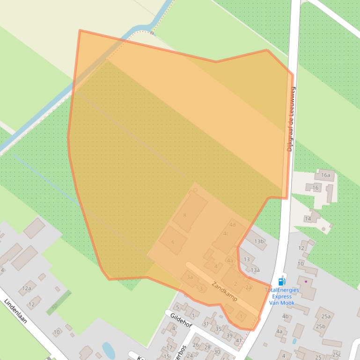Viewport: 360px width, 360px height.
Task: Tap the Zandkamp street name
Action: point(224,291)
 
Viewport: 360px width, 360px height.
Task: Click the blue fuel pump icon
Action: point(282,281)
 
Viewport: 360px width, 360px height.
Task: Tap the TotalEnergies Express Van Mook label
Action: point(282,296)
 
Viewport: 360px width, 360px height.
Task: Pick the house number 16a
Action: point(325,175)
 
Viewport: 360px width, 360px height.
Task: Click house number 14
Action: point(308,219)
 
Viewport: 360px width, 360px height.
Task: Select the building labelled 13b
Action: point(259,241)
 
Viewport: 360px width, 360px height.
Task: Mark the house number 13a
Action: point(255,270)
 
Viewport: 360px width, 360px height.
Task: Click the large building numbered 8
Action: point(185,215)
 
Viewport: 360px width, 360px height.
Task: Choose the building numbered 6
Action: point(173,242)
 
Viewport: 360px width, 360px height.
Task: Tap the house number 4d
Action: point(232,225)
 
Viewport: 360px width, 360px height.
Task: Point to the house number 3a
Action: point(190,277)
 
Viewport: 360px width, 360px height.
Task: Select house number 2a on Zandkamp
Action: point(248,288)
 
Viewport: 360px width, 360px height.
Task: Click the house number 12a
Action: point(26,288)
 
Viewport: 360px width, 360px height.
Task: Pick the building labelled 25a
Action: point(326,317)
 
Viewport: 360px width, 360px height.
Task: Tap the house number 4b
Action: point(286,317)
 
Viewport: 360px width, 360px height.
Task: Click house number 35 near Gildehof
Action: point(218,329)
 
